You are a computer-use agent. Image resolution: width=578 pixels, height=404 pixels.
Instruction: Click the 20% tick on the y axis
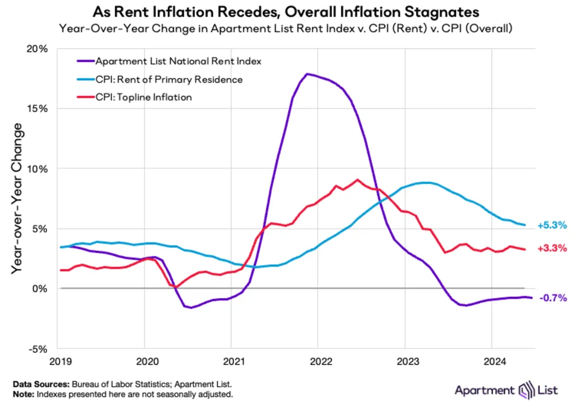point(37,49)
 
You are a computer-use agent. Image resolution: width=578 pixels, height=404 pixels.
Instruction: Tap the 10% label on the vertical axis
point(37,169)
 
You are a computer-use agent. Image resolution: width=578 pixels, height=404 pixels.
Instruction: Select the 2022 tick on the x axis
point(321,361)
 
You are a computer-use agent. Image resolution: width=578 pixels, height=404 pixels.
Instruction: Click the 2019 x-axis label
point(61,361)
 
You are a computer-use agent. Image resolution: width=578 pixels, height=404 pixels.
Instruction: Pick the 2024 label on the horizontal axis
point(495,361)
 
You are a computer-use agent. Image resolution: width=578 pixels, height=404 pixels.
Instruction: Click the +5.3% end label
point(552,225)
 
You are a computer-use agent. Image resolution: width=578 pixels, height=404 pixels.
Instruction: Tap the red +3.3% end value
point(552,248)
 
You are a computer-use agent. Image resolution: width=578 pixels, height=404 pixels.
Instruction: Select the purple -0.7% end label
point(553,297)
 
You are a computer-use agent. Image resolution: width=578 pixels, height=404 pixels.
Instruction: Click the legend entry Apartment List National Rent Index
point(169,61)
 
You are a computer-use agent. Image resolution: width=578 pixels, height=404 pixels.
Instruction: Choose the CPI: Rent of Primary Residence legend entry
point(160,80)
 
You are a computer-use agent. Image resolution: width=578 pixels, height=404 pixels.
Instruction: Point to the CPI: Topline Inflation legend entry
point(134,97)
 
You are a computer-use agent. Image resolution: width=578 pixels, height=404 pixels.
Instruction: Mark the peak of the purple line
point(307,74)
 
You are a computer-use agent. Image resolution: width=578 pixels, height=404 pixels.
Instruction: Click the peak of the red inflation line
point(357,180)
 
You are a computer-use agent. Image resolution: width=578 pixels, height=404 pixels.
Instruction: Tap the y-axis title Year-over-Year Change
point(17,198)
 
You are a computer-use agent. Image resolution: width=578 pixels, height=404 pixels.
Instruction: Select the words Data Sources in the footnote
point(41,384)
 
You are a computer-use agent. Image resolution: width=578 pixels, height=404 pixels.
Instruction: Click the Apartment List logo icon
point(526,390)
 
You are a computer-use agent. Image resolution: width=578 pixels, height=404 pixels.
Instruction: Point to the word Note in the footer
point(23,395)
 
